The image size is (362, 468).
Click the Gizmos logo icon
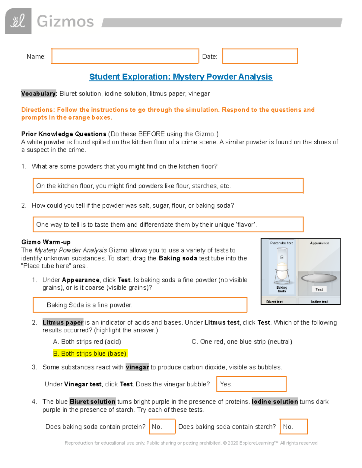(x=18, y=21)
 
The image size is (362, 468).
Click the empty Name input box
(x=125, y=56)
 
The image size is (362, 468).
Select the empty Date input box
(x=260, y=56)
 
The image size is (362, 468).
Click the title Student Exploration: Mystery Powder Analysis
(x=181, y=77)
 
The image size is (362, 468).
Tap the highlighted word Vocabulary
(x=39, y=94)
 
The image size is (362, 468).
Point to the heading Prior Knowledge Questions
(x=64, y=134)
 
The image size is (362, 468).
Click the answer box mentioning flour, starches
(x=168, y=186)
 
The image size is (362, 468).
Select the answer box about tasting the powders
(x=168, y=225)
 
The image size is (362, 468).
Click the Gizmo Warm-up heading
(x=46, y=242)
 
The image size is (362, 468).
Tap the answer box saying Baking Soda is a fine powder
(x=140, y=305)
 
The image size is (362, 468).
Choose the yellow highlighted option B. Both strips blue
(x=90, y=353)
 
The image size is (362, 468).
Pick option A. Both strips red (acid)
(x=87, y=341)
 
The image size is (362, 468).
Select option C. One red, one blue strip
(x=242, y=341)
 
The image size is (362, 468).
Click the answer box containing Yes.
(x=251, y=384)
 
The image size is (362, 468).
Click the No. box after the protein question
(x=162, y=426)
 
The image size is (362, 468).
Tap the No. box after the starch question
(x=293, y=426)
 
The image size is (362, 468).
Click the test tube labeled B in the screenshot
(x=282, y=265)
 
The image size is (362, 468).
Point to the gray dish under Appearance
(x=319, y=278)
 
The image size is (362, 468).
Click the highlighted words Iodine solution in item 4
(x=275, y=401)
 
